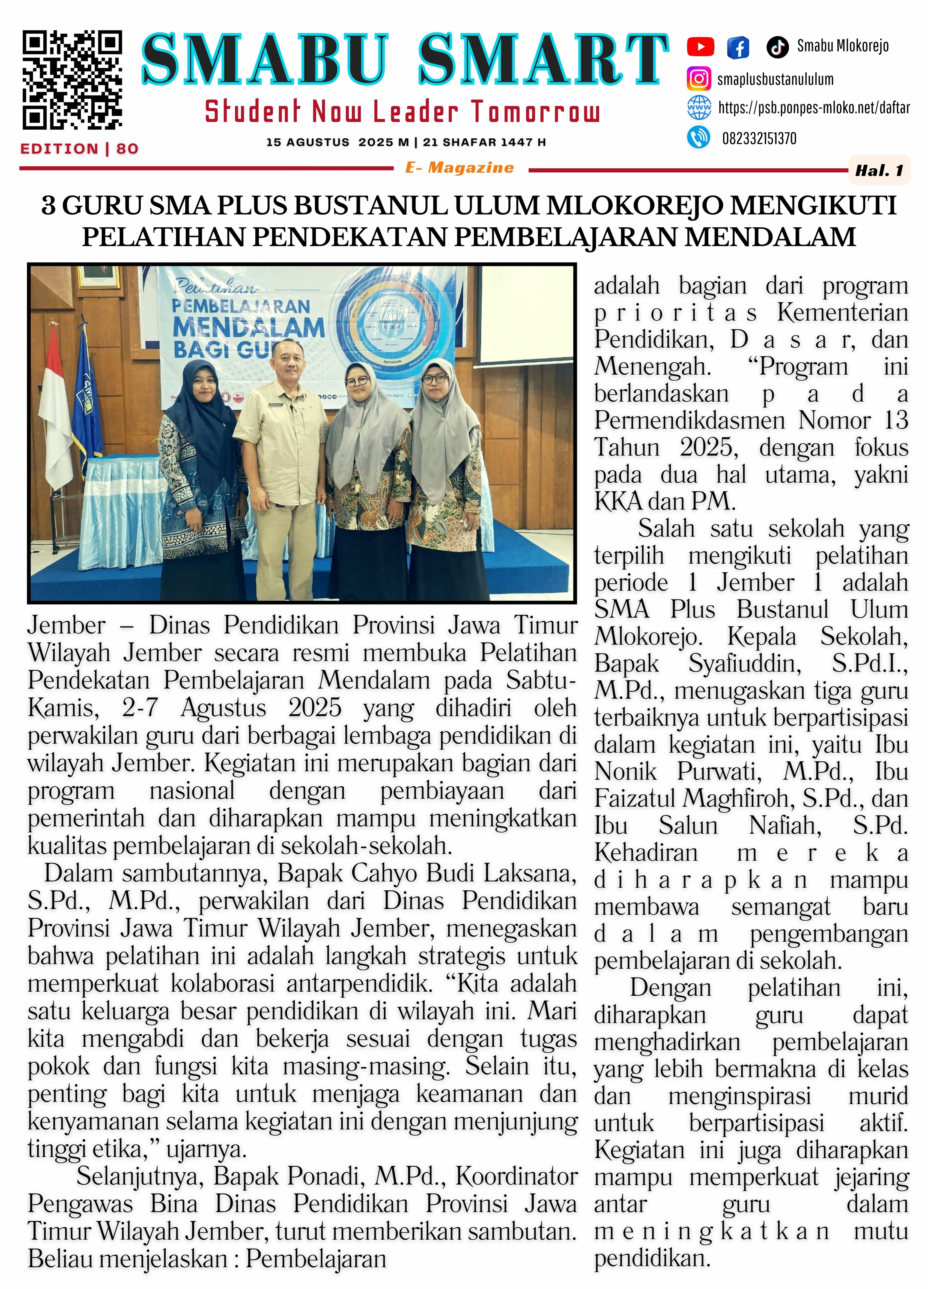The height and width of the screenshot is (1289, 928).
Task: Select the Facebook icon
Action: pyautogui.click(x=738, y=47)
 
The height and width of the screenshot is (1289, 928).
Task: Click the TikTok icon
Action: pyautogui.click(x=777, y=47)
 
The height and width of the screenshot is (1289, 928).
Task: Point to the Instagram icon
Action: pyautogui.click(x=699, y=79)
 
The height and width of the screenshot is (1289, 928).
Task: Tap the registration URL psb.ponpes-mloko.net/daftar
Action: pyautogui.click(x=814, y=108)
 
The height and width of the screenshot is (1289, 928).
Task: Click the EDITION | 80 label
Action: pyautogui.click(x=80, y=149)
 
